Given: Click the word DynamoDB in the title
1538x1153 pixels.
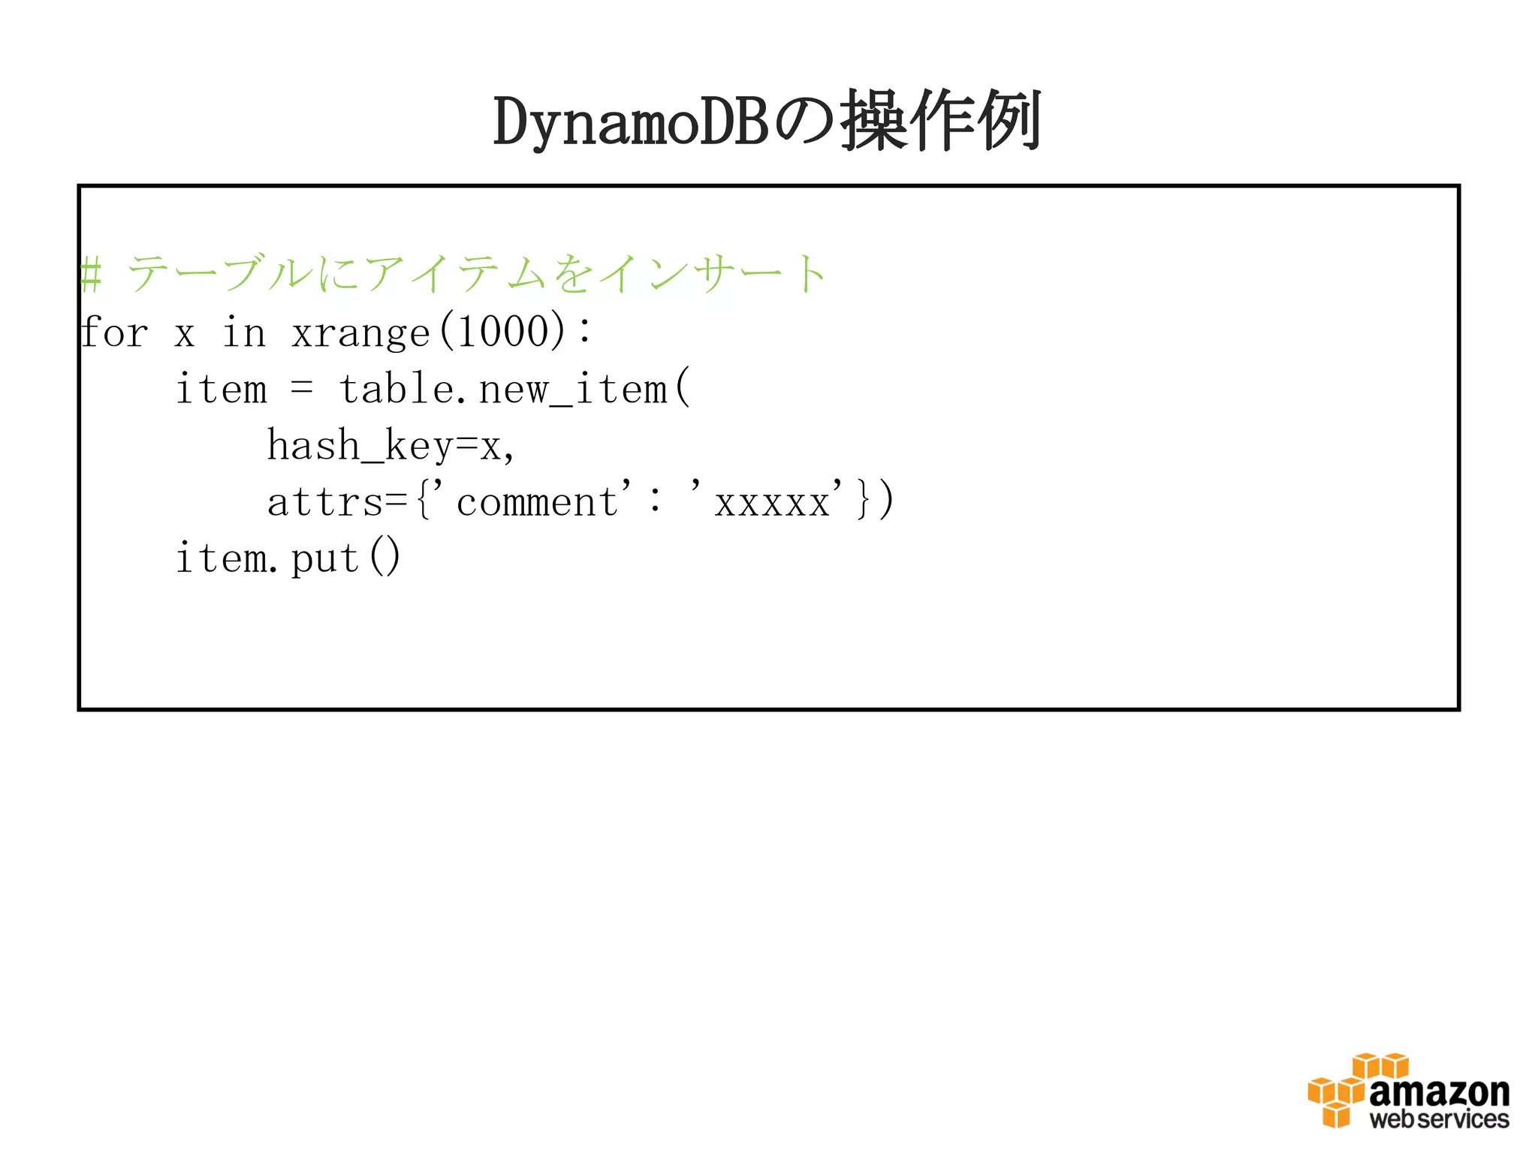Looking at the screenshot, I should click(x=631, y=122).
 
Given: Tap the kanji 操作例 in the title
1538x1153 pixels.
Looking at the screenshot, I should click(x=941, y=121).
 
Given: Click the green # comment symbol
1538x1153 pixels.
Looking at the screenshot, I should click(x=91, y=273).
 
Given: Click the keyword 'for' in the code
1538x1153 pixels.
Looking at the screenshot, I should click(x=114, y=332).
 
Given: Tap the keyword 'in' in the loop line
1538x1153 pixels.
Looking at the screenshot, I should click(x=244, y=332).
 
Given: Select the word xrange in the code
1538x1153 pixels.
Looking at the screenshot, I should click(x=360, y=332).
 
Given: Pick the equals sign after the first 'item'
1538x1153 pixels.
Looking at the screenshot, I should click(x=302, y=388).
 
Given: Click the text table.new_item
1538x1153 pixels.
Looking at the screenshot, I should click(x=503, y=390).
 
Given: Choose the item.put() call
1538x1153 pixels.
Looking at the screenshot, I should click(x=288, y=558).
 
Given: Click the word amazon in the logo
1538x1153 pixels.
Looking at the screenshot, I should click(x=1439, y=1092).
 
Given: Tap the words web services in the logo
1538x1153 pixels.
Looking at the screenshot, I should click(x=1439, y=1120).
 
